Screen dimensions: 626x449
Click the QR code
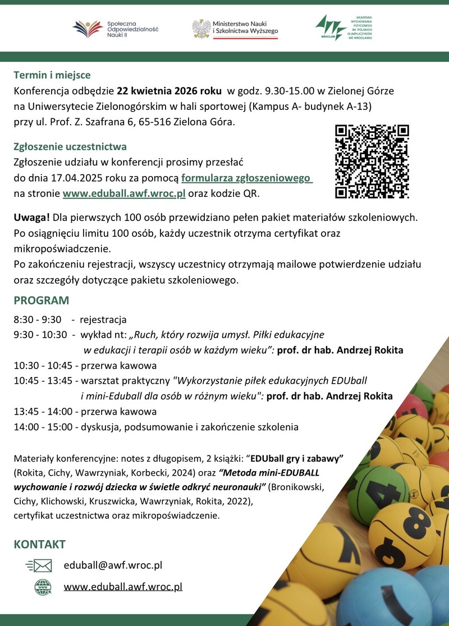pos(372,162)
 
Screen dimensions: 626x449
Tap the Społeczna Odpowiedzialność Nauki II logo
pos(116,29)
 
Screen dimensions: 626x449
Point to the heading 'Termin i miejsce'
pos(52,75)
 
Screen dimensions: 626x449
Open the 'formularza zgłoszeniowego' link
pos(246,178)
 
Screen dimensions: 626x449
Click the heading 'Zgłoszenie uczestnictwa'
pos(70,147)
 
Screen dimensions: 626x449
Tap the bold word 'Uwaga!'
pos(33,217)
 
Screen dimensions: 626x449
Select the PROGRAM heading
pos(42,300)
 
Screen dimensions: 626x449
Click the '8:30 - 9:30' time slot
pos(38,320)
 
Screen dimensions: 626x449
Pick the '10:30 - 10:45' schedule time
pos(43,366)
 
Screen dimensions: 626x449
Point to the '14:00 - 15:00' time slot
pos(43,427)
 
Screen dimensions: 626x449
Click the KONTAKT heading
pos(40,544)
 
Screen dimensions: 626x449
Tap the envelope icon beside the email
pos(39,565)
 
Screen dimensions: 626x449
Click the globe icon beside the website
pos(43,587)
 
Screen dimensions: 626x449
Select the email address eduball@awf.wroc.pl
pos(113,565)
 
